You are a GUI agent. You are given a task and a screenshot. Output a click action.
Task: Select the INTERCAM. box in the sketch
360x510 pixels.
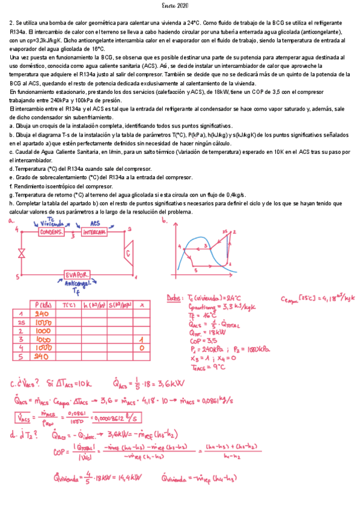(94, 232)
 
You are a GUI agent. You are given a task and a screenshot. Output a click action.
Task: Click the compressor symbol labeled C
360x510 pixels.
(128, 253)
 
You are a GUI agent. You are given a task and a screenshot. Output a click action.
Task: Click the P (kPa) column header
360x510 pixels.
(44, 305)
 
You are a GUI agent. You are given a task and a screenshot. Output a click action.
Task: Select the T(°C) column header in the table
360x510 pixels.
(69, 305)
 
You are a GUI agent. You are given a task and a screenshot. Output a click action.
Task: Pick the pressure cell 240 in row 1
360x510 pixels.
(42, 313)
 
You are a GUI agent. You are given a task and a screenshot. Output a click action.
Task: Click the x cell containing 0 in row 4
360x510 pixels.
(142, 348)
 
